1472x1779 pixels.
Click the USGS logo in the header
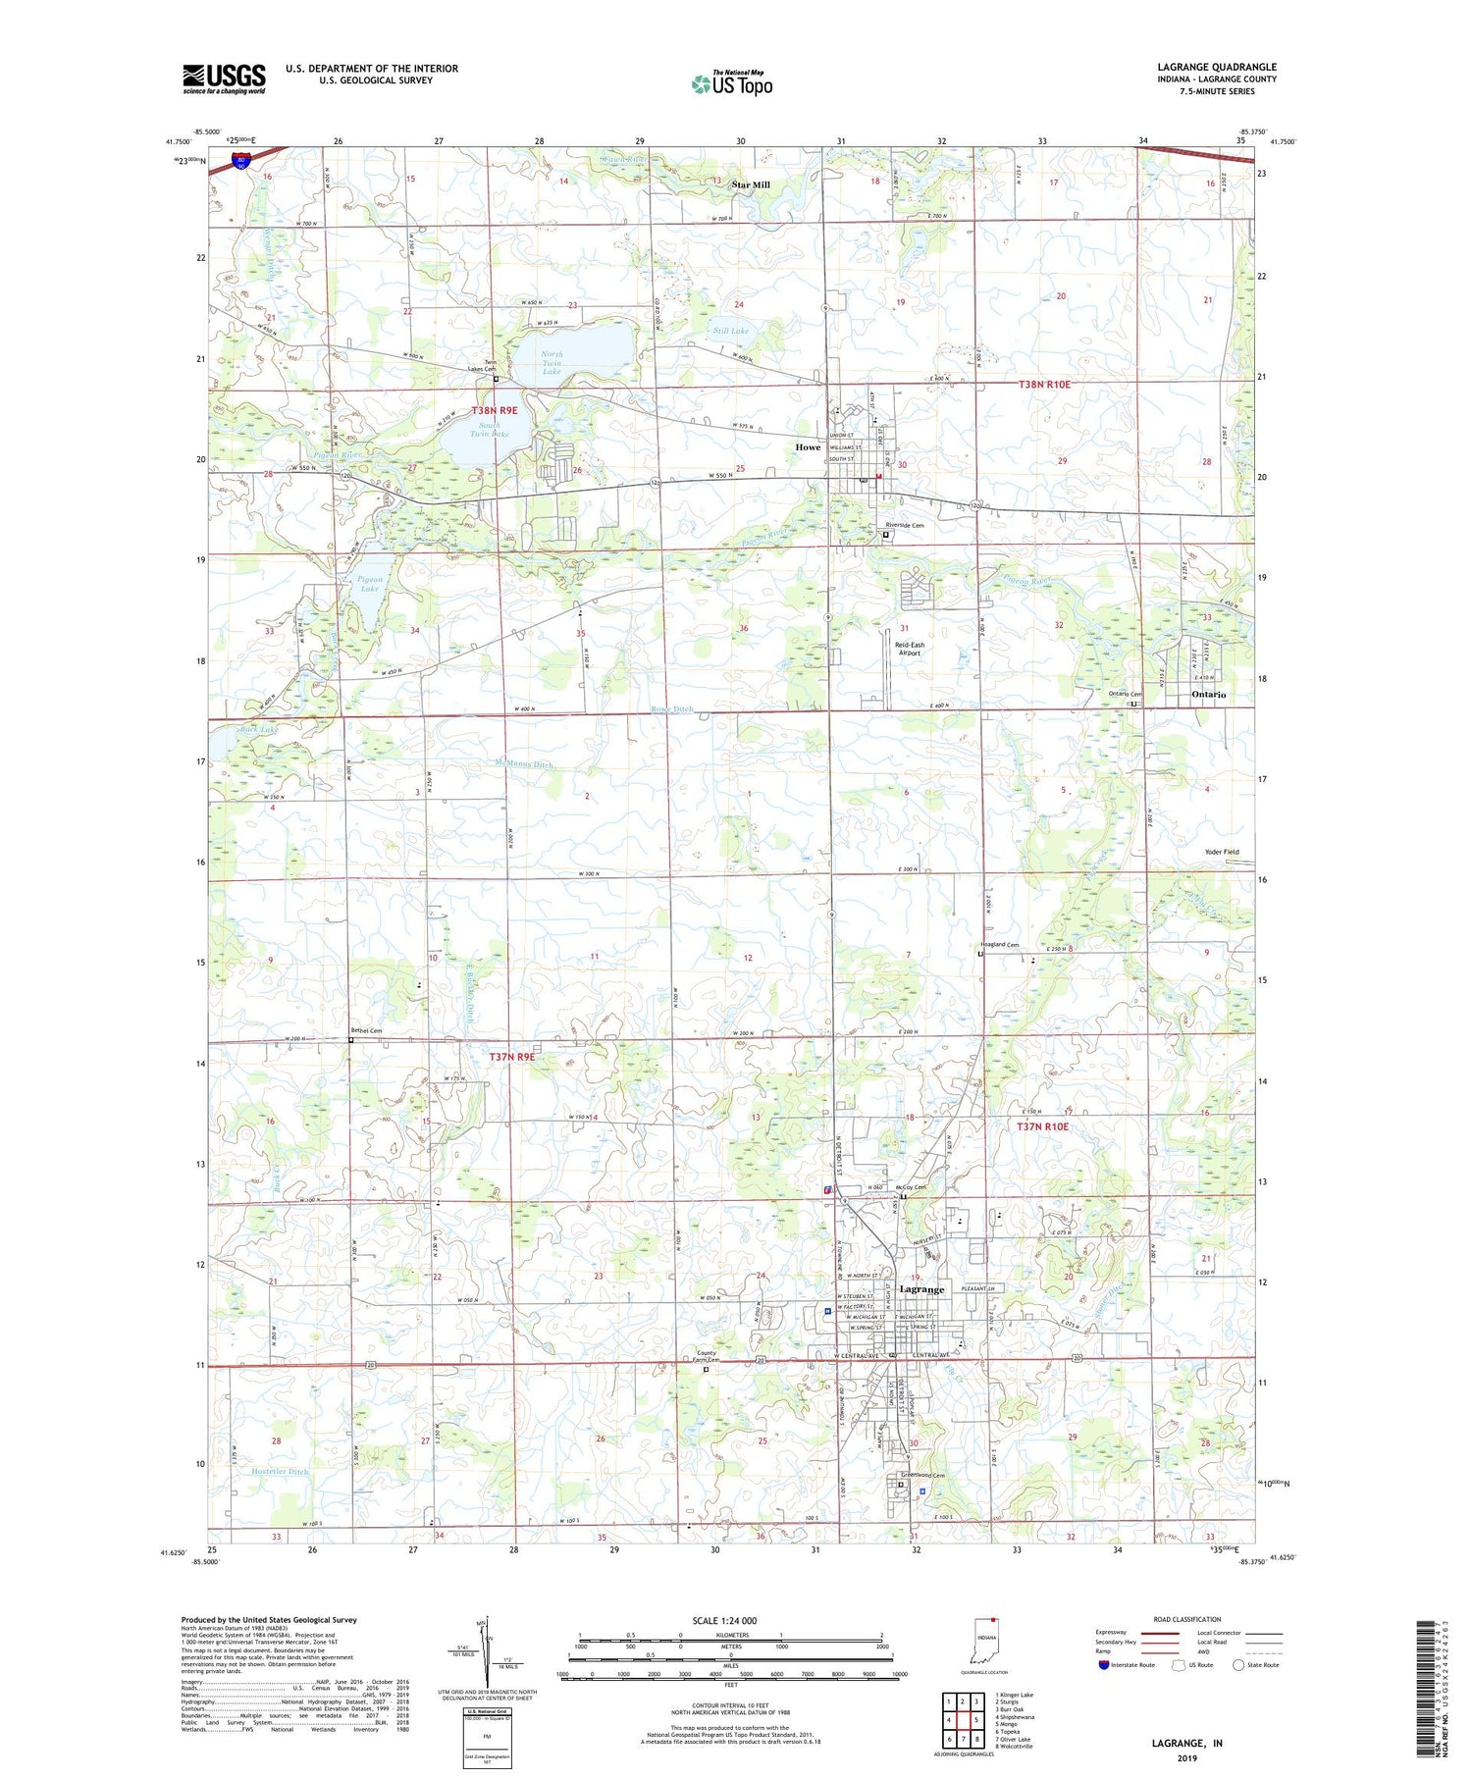click(224, 78)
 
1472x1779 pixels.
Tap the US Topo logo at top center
click(731, 84)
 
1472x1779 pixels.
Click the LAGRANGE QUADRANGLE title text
click(1217, 67)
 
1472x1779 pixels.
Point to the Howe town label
click(808, 446)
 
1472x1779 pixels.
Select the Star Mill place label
click(751, 184)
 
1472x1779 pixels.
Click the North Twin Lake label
click(552, 363)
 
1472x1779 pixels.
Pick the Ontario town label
click(1208, 694)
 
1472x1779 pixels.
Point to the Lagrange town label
click(921, 1289)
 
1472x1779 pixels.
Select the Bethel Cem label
click(365, 1031)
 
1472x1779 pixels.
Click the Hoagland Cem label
click(999, 945)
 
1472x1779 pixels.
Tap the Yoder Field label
click(1222, 852)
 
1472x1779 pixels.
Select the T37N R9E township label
click(512, 1057)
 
